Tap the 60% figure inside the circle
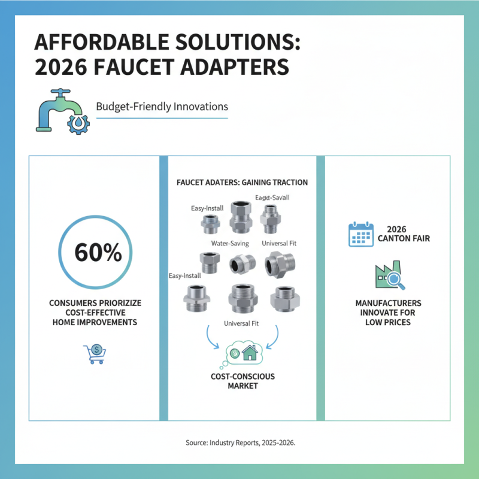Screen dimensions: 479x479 point(98,253)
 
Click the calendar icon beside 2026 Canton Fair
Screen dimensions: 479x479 point(361,234)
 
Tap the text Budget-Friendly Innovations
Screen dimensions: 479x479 point(162,107)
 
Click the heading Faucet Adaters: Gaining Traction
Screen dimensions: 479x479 point(242,182)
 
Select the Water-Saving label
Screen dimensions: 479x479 point(230,244)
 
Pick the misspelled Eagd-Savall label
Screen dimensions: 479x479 point(273,198)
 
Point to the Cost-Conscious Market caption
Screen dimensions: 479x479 point(242,381)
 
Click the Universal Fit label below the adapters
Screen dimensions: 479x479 point(242,323)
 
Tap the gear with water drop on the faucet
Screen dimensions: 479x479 point(78,122)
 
